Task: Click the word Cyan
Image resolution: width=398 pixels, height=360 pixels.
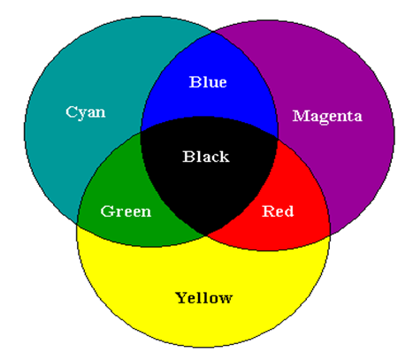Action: coord(86,112)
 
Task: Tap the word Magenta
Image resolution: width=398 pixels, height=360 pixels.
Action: coord(327,117)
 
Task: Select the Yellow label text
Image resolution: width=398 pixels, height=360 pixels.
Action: coord(203,298)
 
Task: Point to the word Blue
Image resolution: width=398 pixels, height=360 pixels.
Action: coord(208,81)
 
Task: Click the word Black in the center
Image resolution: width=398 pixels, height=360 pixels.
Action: coord(206,157)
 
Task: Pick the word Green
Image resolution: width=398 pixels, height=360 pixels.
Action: coord(126,211)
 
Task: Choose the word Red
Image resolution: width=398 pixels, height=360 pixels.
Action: coord(278,211)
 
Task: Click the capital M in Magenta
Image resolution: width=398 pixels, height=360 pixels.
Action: coord(300,116)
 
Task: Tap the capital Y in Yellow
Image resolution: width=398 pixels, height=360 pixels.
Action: coord(182,297)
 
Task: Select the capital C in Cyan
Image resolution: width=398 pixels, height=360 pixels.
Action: coord(71,111)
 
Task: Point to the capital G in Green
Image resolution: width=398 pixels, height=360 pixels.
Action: coord(107,211)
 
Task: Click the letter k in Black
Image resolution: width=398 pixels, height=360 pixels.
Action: coord(223,157)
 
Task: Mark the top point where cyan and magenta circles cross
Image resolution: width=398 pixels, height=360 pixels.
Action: coord(213,32)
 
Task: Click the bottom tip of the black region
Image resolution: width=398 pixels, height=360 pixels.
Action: coord(205,235)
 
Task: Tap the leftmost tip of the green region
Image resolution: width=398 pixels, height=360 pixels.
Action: coord(77,224)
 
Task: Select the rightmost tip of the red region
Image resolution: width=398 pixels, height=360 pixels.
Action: coord(330,234)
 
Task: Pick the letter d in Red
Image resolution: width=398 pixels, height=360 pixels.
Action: coord(288,211)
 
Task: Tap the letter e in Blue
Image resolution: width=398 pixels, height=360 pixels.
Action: coord(222,83)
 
